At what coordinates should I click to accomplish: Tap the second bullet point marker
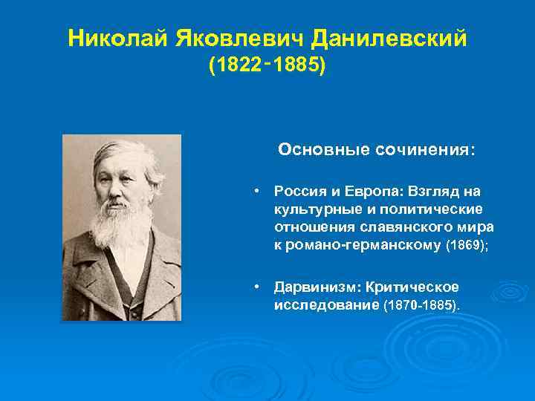[255, 287]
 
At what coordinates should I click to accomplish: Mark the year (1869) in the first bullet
[466, 245]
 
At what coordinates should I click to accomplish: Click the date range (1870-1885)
[421, 304]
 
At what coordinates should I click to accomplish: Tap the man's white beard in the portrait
[120, 223]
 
